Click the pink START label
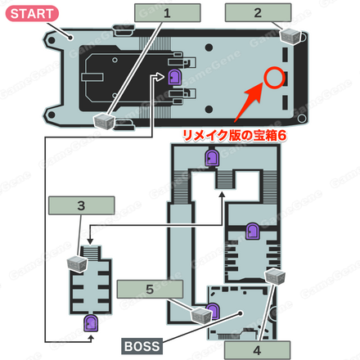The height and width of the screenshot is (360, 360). tap(32, 14)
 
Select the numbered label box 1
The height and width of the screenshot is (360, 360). tap(168, 13)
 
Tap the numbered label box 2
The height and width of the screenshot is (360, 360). tap(258, 12)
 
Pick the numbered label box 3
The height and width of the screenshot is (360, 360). tap(81, 205)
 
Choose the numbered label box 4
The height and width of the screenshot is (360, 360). tap(257, 350)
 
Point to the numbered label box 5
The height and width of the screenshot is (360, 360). tap(150, 289)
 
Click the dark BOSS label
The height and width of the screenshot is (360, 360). tap(142, 346)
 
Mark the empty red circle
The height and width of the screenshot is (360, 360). tap(274, 78)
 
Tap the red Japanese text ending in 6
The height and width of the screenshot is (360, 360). tap(235, 136)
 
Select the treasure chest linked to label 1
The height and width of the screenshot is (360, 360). tap(104, 121)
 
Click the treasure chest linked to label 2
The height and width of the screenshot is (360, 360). tap(290, 36)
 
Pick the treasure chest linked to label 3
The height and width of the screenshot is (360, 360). tap(78, 264)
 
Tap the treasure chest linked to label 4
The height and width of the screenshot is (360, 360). tap(275, 277)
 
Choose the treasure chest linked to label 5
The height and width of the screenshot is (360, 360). tap(201, 316)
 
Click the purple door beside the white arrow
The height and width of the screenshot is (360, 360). tap(174, 77)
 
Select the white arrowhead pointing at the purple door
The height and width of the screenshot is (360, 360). tap(160, 77)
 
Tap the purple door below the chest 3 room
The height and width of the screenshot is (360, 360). tap(91, 323)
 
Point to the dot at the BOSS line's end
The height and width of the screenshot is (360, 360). tap(241, 313)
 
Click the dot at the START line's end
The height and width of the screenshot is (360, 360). tap(70, 38)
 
